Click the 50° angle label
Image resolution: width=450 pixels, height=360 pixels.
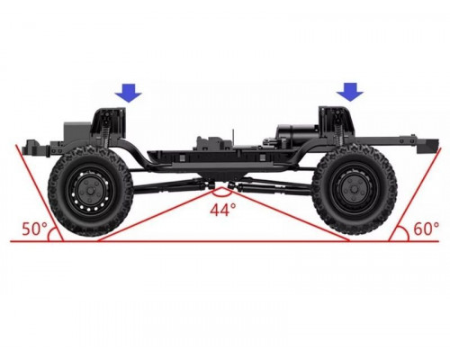point(34,228)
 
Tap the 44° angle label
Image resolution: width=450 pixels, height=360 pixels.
point(222,209)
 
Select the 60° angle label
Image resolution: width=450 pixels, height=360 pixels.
point(425,228)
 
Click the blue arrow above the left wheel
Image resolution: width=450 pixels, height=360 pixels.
point(129,91)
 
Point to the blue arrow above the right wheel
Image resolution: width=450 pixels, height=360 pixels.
point(349,91)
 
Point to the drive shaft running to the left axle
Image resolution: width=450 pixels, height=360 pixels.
point(171,184)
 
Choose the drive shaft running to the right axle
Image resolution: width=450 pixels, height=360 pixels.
point(270,184)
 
